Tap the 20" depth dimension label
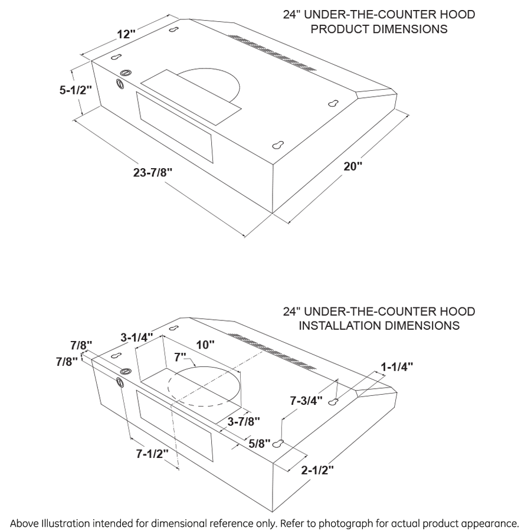(353, 166)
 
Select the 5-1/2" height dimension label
(76, 90)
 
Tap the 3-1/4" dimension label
(136, 337)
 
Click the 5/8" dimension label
(259, 442)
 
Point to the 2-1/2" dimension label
(317, 470)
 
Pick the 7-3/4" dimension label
(306, 401)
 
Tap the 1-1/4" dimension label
(396, 366)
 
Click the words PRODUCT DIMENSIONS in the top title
(379, 29)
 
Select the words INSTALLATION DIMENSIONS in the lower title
(379, 325)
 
